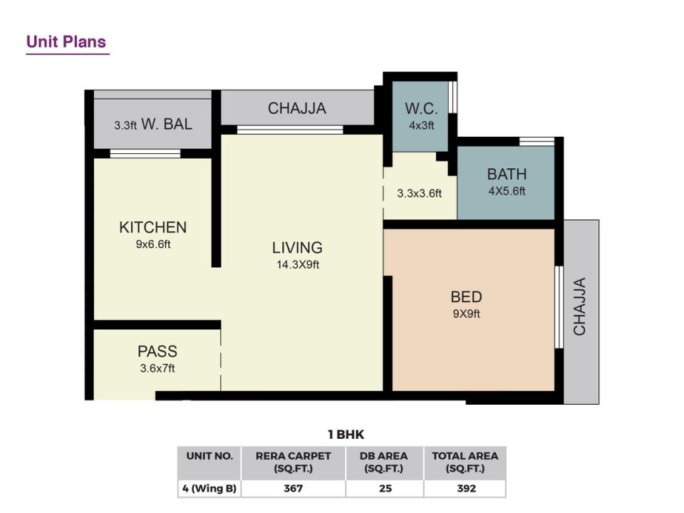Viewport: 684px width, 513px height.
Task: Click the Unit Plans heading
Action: coord(66,42)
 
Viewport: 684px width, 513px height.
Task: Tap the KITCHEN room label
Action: coord(152,227)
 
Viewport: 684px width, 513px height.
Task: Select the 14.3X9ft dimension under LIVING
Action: coord(298,264)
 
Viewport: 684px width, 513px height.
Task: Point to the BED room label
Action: coord(466,296)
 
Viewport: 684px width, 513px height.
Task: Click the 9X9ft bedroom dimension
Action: coord(466,313)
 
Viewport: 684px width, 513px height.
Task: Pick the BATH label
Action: coord(507,174)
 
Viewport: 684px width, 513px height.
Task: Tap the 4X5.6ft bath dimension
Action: coord(507,191)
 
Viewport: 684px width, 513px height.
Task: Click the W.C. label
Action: coord(421,108)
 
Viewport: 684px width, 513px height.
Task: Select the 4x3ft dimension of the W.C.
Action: coord(421,125)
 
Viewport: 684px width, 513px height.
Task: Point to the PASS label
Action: coord(157,351)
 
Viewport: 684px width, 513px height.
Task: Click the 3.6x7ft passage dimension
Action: coord(157,368)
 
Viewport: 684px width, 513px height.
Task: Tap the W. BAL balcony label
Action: coord(167,124)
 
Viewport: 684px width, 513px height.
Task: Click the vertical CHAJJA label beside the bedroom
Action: coord(579,306)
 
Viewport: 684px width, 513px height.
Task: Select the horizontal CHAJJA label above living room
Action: coord(297,108)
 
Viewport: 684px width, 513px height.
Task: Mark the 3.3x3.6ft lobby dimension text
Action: coord(419,193)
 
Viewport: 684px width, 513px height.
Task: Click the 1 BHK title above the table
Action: coord(346,435)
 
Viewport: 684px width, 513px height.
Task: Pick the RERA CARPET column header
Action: coord(293,462)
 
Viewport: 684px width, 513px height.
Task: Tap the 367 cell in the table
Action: coord(293,488)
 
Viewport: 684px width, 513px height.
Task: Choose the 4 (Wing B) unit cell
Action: coord(209,488)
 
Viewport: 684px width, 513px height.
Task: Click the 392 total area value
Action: coord(466,488)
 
